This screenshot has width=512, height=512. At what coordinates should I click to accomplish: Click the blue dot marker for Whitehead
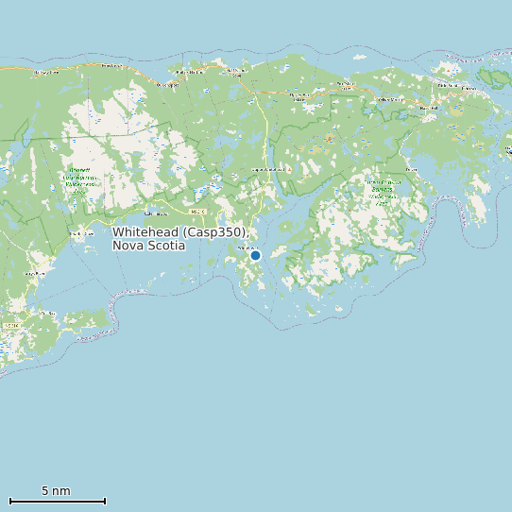255,255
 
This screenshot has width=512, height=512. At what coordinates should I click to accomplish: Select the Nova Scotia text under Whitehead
148,246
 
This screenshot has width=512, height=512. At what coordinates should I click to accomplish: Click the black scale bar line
57,501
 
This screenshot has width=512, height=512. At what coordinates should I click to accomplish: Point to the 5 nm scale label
56,491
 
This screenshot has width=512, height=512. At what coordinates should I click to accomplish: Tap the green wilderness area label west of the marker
78,181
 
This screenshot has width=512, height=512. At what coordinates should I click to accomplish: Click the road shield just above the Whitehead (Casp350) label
196,212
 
